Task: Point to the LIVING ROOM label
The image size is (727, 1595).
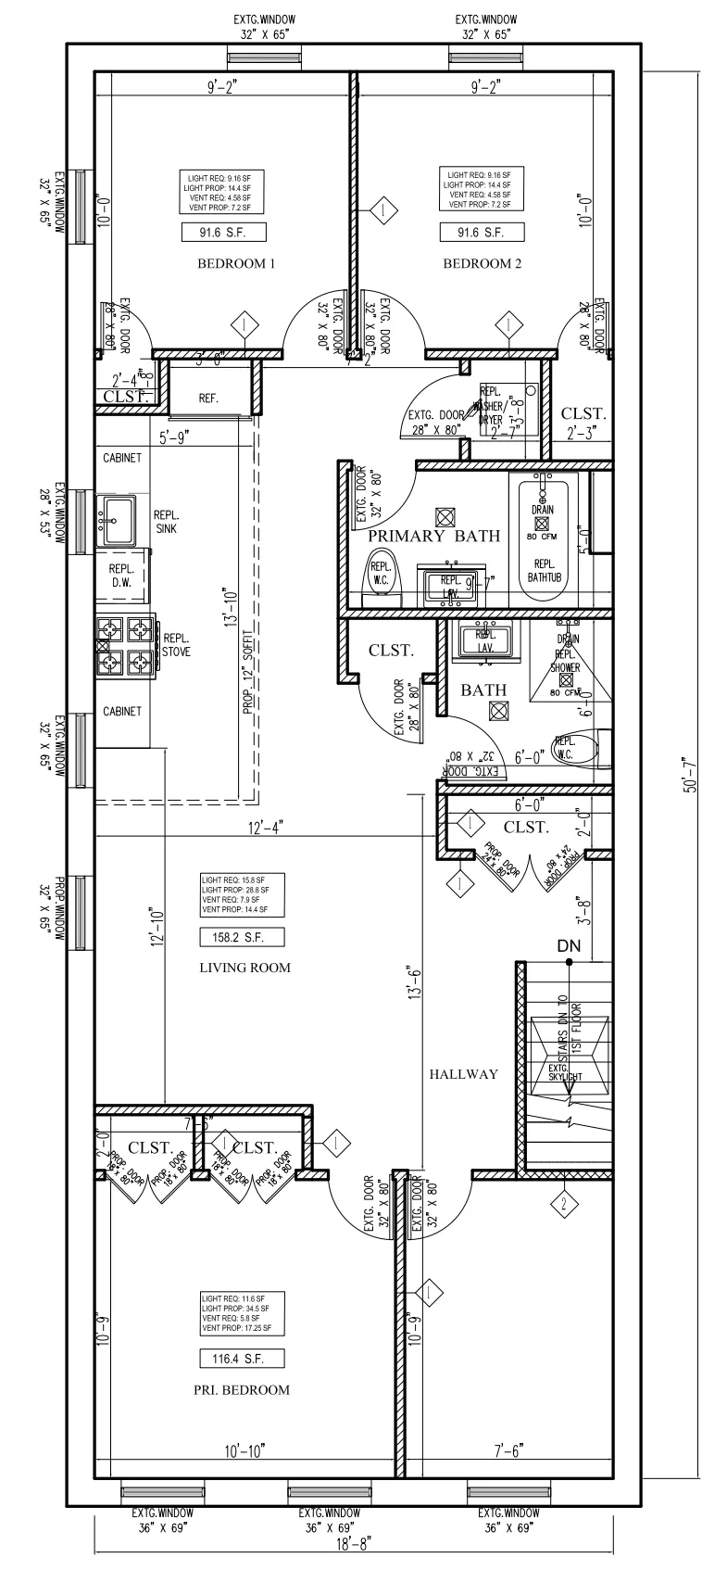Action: pyautogui.click(x=244, y=968)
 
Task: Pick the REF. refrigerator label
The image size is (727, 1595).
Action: pyautogui.click(x=209, y=398)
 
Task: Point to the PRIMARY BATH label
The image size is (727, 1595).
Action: pyautogui.click(x=434, y=537)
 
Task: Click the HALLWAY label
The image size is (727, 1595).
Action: pyautogui.click(x=463, y=1074)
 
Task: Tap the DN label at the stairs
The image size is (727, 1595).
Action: pyautogui.click(x=569, y=946)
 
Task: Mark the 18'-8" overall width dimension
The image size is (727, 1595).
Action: pyautogui.click(x=355, y=1572)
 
